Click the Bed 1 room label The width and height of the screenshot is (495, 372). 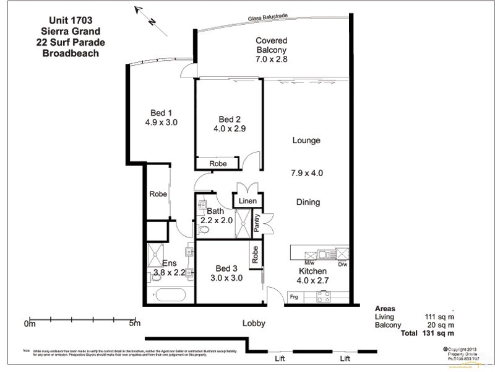pos(161,117)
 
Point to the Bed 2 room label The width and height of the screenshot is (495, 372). pos(229,125)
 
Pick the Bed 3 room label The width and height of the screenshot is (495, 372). pos(226,273)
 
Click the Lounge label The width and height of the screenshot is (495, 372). pos(306,141)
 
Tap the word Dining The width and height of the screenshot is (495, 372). pos(307,202)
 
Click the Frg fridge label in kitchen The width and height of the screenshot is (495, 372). pos(296,298)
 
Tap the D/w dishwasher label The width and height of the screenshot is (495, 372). pos(342,263)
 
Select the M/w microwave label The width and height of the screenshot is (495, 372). pos(309,263)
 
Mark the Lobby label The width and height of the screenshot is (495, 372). pos(254,323)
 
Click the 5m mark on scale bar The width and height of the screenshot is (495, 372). pos(134,323)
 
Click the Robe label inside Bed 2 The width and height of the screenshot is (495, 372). pos(217,164)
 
